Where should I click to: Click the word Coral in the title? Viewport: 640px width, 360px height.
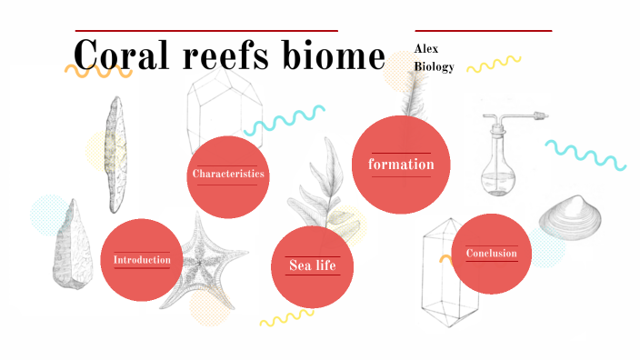point(123,55)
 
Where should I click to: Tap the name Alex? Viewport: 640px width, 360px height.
point(427,47)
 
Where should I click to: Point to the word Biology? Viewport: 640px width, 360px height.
point(434,66)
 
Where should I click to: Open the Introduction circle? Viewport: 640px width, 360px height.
point(142,260)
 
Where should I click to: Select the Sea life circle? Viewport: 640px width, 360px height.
point(313,265)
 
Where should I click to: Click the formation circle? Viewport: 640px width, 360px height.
point(401,165)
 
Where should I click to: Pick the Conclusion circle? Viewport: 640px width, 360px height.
point(491,254)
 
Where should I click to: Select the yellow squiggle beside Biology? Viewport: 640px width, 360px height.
point(494,64)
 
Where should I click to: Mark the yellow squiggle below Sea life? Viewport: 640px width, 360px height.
point(286,318)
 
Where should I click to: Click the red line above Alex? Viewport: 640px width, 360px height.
point(483,31)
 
